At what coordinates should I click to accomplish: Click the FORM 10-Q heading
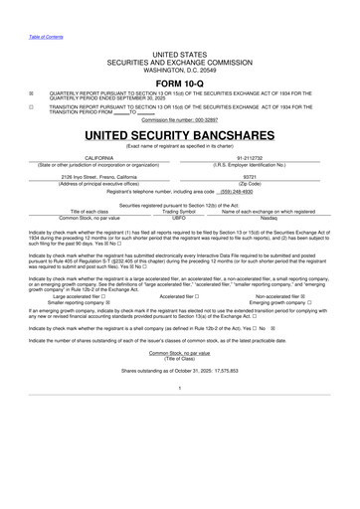[180, 84]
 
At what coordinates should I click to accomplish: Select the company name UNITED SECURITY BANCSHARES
[180, 132]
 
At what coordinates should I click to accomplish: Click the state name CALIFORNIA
[98, 157]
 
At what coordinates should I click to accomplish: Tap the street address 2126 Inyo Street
[98, 177]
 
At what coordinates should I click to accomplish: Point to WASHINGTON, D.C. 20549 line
[180, 70]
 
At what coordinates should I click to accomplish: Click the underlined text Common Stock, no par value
[180, 352]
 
